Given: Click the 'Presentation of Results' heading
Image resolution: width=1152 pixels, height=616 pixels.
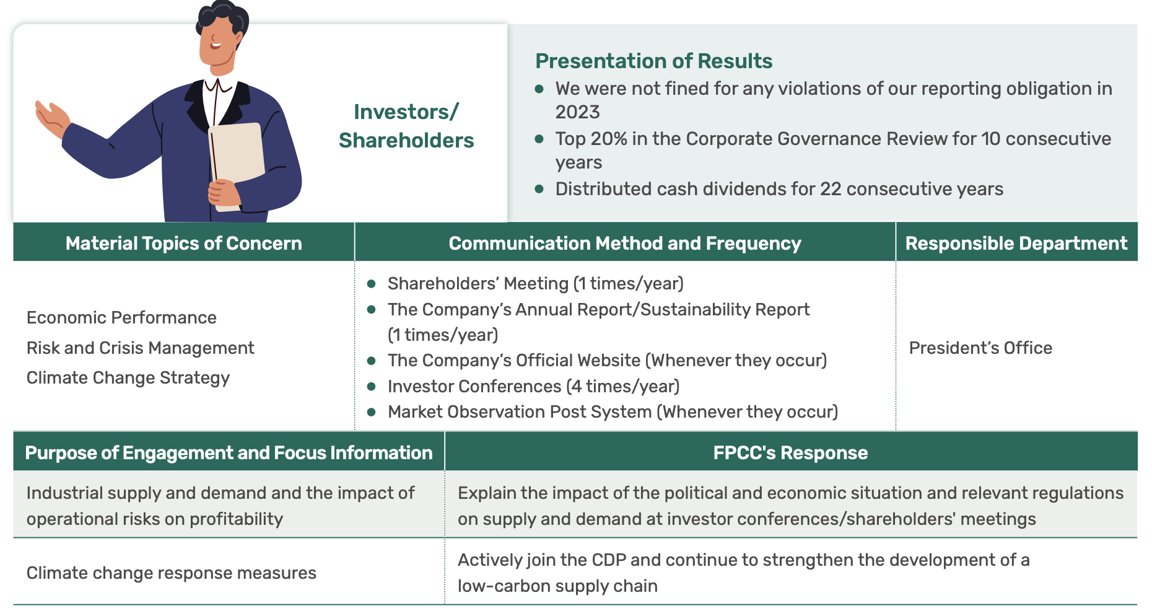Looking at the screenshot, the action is [653, 61].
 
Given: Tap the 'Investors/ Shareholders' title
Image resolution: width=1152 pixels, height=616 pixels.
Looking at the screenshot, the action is [406, 126].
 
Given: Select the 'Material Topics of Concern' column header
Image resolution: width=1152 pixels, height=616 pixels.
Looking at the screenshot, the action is [184, 243].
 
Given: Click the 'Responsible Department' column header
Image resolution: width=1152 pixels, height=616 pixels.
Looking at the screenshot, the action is [1016, 243].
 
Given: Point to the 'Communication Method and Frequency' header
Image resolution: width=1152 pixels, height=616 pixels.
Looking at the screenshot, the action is [625, 243].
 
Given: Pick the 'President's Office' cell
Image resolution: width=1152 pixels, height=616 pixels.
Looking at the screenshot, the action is [980, 348].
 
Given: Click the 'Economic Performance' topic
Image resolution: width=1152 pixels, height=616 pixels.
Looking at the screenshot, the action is [121, 317].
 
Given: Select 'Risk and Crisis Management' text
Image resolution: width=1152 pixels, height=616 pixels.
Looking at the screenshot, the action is [141, 348].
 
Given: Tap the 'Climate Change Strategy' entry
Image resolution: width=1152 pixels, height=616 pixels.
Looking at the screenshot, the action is [128, 378].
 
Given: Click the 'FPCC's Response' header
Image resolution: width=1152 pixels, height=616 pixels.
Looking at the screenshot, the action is [790, 452].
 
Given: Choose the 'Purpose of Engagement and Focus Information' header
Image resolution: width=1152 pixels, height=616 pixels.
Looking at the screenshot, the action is [229, 452].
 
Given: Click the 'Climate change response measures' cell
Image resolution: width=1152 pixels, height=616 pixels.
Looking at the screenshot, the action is [172, 573].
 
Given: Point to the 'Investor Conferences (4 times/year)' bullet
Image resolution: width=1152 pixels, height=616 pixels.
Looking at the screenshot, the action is [533, 386].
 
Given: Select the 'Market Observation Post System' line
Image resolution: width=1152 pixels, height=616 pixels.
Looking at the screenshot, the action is [613, 411].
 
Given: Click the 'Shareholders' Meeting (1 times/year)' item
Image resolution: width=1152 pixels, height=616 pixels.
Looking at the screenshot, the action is [536, 283].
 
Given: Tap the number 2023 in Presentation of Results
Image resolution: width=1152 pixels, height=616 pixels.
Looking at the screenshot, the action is [577, 112].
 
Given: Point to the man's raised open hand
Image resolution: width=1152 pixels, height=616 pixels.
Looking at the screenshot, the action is [52, 118].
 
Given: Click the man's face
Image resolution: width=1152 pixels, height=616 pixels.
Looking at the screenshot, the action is [217, 40].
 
